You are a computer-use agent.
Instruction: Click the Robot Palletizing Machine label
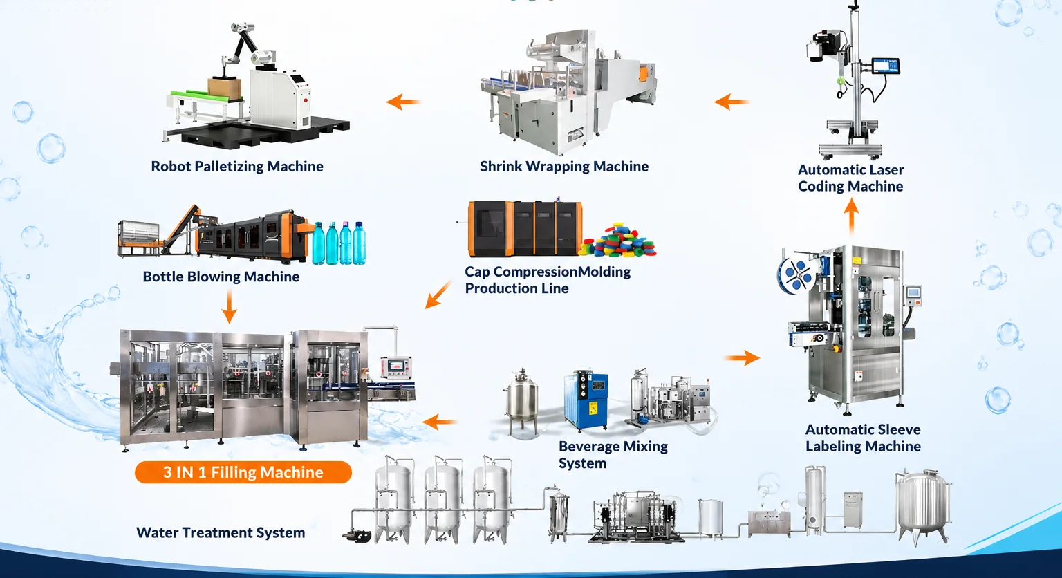237,167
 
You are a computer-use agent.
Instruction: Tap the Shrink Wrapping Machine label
564,167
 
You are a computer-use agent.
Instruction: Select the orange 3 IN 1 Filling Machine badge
243,472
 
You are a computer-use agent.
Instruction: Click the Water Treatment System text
221,532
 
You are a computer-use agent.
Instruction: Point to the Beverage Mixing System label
613,455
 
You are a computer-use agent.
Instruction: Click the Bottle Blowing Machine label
221,277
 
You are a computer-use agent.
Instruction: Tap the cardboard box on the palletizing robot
224,88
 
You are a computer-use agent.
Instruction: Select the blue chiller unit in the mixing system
586,401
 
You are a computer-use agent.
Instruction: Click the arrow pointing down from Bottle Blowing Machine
229,307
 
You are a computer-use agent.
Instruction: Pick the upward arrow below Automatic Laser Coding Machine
852,216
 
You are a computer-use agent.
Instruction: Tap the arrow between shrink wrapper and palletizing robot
404,102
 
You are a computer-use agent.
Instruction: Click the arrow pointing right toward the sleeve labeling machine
743,357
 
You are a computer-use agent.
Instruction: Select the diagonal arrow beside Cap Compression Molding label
438,295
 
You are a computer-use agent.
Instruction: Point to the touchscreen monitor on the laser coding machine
886,66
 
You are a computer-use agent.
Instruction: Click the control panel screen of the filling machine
396,366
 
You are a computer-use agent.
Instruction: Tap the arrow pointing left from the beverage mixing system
440,422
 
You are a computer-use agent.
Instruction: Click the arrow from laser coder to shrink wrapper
732,102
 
